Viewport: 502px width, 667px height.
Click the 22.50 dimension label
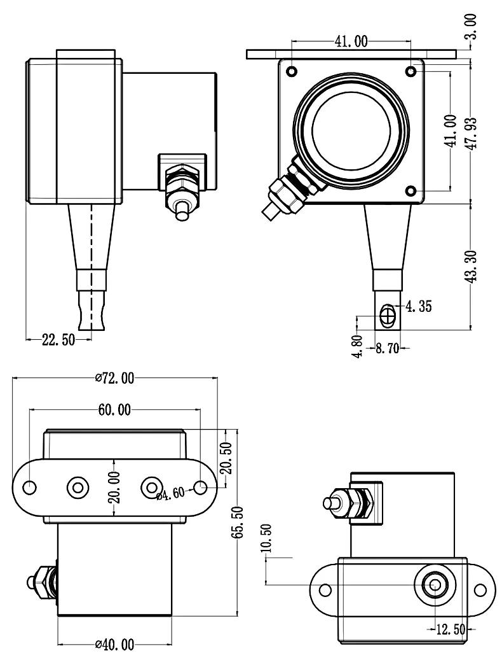point(58,339)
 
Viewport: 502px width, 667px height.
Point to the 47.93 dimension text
point(471,133)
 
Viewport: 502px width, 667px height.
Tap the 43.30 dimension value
point(471,266)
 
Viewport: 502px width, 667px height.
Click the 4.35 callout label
point(418,306)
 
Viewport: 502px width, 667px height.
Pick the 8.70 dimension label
point(388,348)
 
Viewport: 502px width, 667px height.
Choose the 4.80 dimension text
point(358,347)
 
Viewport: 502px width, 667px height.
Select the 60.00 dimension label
point(114,410)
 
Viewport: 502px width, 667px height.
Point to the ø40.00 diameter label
point(114,645)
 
